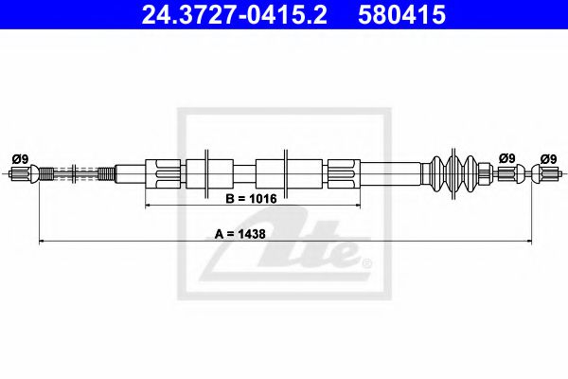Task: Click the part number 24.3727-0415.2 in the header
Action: [235, 14]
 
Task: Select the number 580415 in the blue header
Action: [401, 14]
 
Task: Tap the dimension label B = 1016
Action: [251, 199]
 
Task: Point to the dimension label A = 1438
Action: [240, 234]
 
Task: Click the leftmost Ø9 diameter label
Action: [20, 159]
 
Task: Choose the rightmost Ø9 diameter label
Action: [548, 159]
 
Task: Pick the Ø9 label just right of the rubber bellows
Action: [506, 158]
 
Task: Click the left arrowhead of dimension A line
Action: [42, 241]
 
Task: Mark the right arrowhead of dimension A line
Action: [529, 241]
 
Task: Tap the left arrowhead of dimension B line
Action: [148, 206]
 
